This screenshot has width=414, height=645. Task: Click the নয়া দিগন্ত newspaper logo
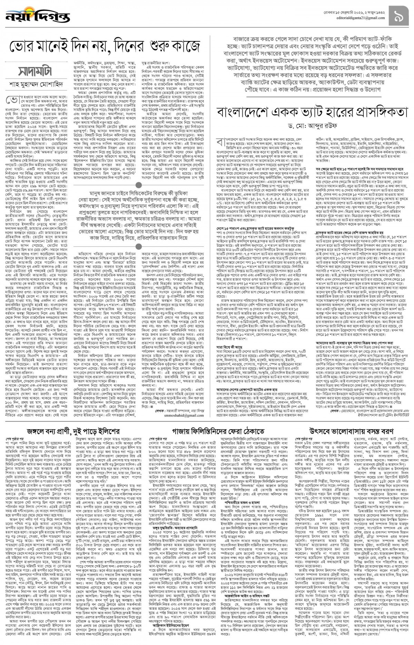tap(37, 16)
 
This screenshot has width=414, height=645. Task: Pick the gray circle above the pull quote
tap(138, 186)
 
